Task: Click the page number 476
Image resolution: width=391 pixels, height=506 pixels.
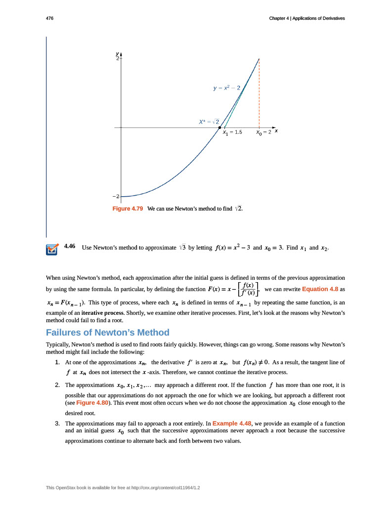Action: tap(49, 18)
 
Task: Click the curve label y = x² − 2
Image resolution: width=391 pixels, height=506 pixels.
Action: tap(227, 88)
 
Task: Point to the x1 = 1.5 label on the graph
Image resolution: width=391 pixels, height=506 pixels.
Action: tap(232, 132)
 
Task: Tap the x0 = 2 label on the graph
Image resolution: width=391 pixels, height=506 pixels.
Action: tap(264, 132)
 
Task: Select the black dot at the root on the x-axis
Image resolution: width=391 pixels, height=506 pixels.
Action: tap(220, 127)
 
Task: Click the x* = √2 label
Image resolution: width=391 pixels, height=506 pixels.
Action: tap(209, 121)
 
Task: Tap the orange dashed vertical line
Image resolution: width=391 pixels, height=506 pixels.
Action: tap(259, 94)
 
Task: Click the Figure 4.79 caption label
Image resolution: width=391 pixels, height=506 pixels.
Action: tap(128, 209)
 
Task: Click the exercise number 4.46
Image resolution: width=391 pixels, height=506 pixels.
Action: tap(70, 246)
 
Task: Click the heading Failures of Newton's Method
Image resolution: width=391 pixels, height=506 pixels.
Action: tap(107, 332)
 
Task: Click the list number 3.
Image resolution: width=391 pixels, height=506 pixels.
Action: tap(57, 423)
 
